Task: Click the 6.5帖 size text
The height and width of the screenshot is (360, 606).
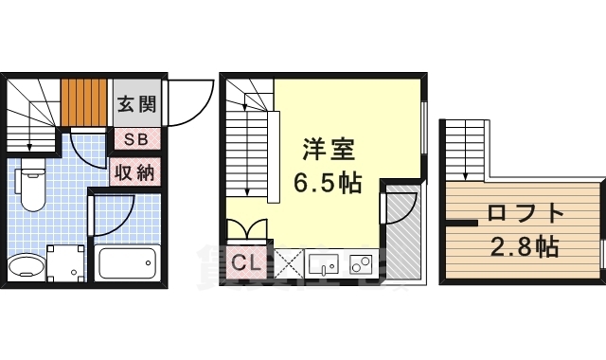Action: [x=328, y=183]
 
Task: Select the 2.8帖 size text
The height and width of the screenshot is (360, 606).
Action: [x=525, y=248]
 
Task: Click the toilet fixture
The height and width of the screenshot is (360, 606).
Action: [x=31, y=189]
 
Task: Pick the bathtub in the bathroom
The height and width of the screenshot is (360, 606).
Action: [x=126, y=261]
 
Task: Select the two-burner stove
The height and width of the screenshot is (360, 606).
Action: [x=361, y=264]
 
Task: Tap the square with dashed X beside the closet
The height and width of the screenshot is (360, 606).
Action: [x=288, y=264]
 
